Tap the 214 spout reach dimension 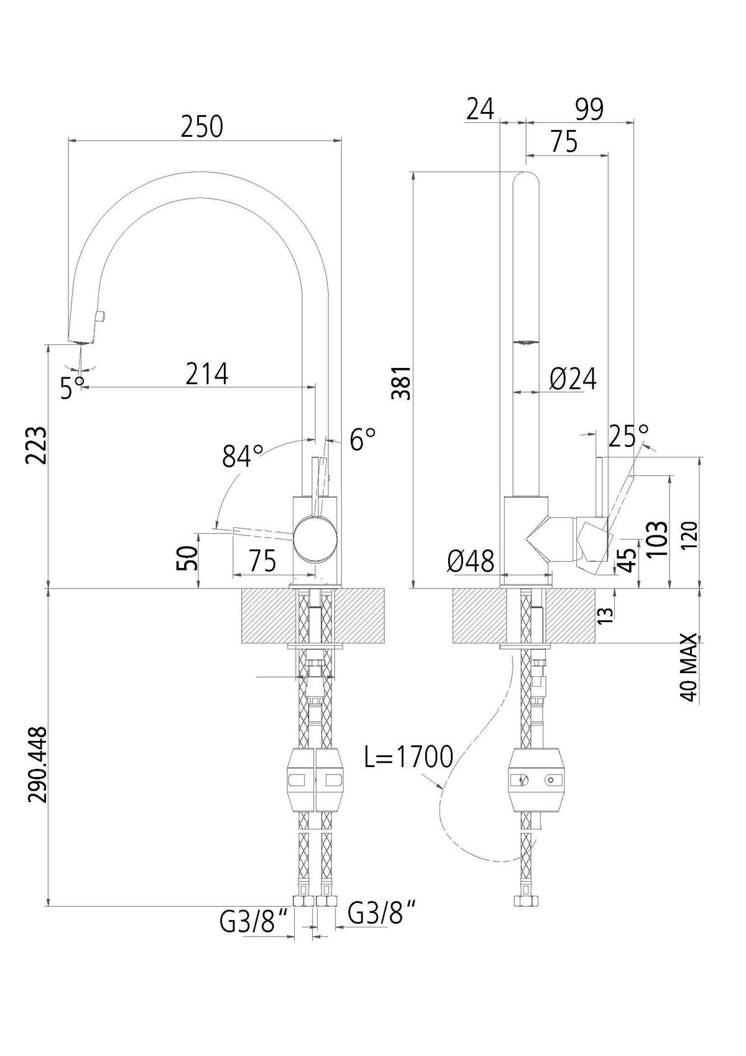(206, 374)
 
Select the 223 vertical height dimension (37, 446)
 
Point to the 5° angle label (73, 387)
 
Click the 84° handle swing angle (243, 456)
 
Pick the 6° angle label (362, 439)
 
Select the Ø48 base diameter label (471, 561)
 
